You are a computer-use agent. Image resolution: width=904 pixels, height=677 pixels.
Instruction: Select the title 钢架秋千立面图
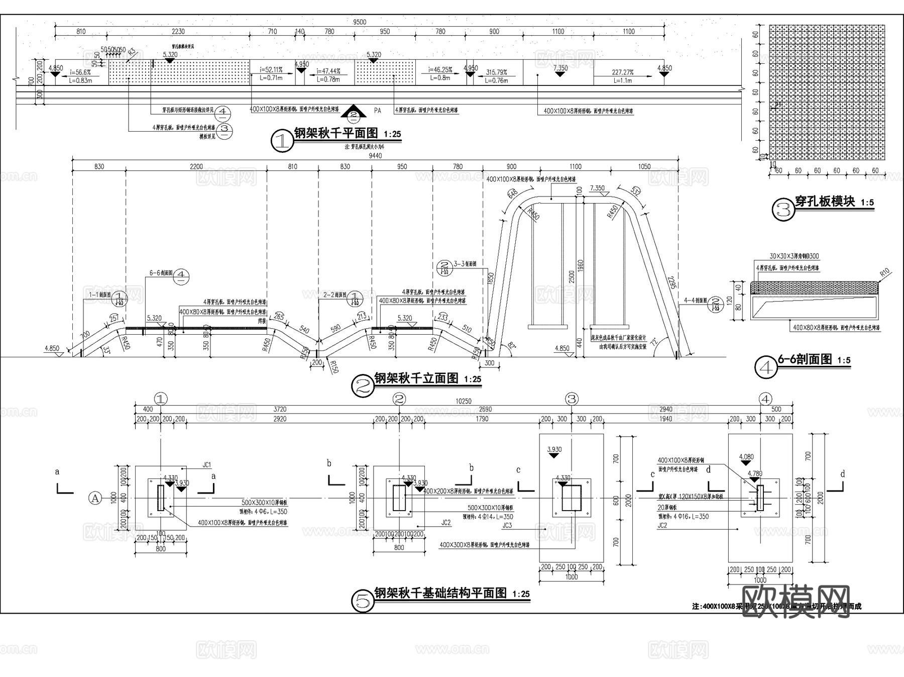[x=416, y=378]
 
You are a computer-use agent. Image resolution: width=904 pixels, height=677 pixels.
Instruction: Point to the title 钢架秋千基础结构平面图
[x=440, y=593]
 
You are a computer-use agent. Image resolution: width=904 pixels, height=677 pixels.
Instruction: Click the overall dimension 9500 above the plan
[x=360, y=22]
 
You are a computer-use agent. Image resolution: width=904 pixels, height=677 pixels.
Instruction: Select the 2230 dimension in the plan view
[x=178, y=31]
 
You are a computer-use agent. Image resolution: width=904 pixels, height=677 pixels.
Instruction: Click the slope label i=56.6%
[x=80, y=72]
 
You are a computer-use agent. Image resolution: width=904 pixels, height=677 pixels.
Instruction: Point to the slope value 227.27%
[x=622, y=72]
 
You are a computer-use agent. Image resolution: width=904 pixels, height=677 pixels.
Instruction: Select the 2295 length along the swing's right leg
[x=671, y=282]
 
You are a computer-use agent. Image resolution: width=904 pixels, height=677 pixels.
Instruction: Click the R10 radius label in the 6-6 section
[x=884, y=273]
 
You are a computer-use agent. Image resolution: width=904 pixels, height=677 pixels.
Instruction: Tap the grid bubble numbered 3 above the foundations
[x=572, y=399]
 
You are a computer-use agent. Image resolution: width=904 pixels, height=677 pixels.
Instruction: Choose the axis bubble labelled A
[x=94, y=498]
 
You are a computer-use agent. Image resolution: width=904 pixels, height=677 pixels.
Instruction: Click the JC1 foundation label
[x=206, y=465]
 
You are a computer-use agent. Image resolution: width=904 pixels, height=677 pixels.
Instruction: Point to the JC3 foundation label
[x=507, y=526]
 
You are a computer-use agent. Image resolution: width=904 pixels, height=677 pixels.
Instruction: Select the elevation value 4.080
[x=746, y=457]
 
